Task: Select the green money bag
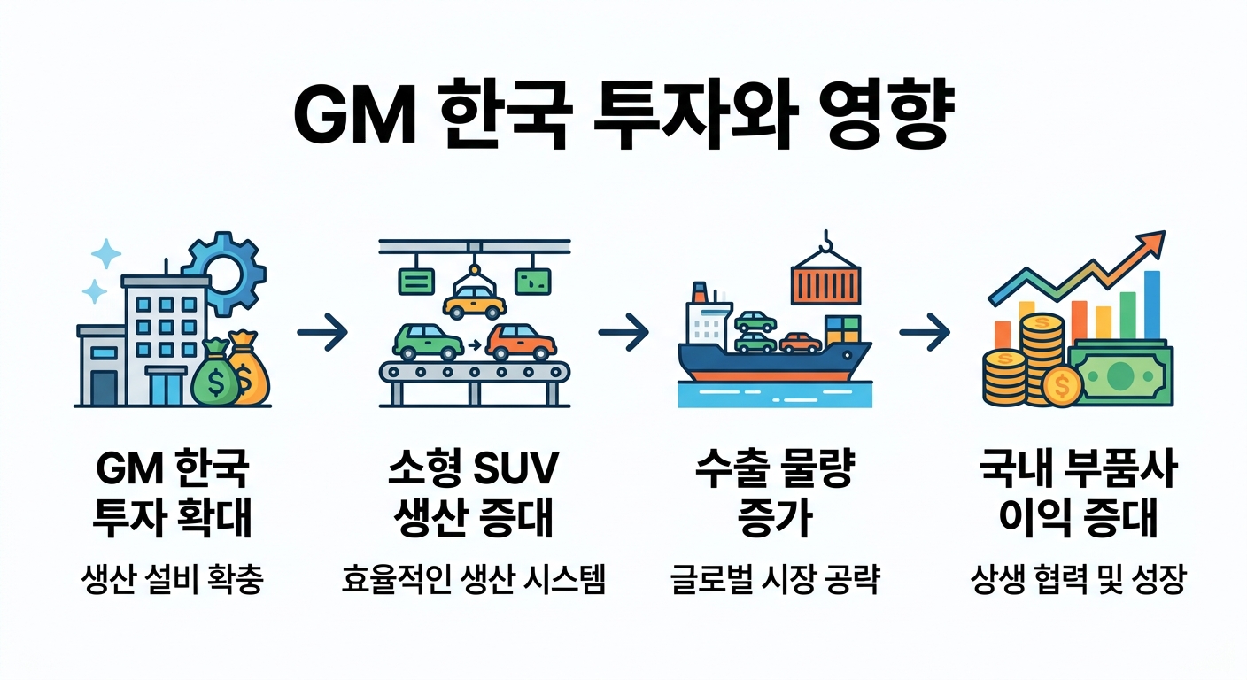tap(217, 377)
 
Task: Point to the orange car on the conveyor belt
tap(522, 342)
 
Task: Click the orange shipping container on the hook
tap(825, 282)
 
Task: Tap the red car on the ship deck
tap(801, 342)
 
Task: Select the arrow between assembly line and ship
tap(623, 333)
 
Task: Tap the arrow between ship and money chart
tap(924, 333)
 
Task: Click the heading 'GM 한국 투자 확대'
tap(172, 495)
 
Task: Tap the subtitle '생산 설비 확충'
tap(172, 583)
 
